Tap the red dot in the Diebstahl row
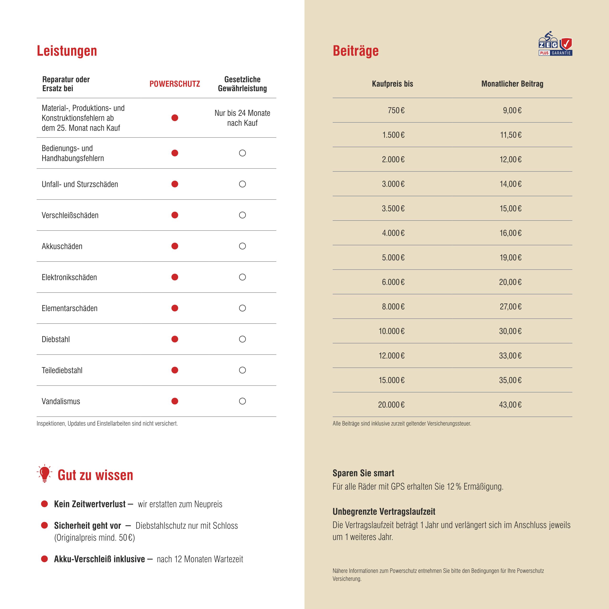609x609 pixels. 175,339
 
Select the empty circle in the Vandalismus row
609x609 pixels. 242,401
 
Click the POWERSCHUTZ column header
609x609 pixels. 175,84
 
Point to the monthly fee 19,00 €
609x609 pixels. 510,258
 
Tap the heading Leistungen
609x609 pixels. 67,51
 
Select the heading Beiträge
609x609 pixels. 355,51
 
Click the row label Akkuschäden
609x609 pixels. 62,246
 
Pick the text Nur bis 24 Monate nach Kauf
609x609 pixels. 242,118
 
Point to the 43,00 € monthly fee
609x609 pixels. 510,405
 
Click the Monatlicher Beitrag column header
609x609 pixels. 512,84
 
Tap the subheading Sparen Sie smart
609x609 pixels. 363,473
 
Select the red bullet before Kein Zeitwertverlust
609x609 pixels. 44,504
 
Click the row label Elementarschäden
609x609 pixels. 70,308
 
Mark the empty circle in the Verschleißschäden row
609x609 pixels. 242,215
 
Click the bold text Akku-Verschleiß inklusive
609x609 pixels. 99,559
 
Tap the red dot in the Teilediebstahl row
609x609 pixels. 175,370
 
